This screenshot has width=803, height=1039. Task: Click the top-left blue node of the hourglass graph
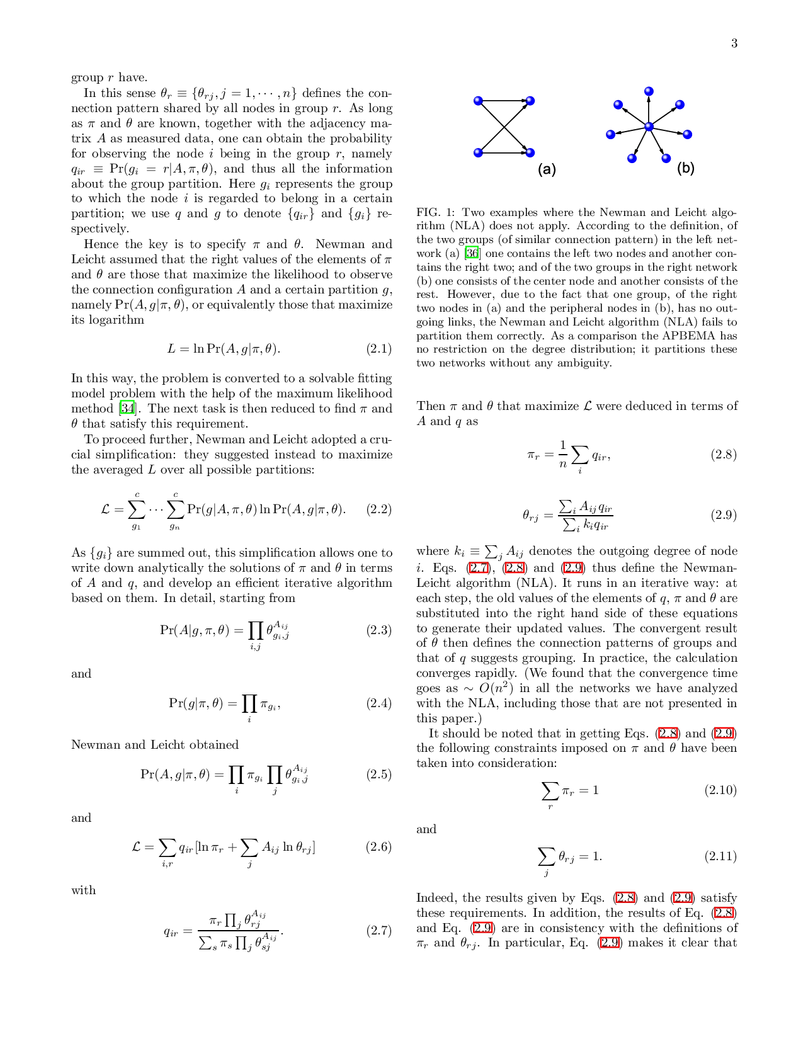[478, 101]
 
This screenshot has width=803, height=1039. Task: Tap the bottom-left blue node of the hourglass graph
[478, 152]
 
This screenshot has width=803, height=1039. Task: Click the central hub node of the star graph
[649, 127]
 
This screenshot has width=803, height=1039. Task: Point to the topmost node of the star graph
[649, 91]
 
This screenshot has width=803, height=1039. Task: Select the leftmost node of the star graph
[610, 134]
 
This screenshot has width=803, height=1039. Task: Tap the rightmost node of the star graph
[687, 134]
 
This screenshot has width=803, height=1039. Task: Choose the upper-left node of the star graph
[618, 105]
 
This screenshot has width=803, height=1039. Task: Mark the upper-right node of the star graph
[680, 105]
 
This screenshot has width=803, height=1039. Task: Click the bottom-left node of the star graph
[632, 159]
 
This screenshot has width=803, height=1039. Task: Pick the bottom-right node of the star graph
[666, 159]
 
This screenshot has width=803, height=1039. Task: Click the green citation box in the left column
[127, 407]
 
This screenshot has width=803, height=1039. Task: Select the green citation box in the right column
[471, 253]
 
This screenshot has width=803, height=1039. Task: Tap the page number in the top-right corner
[735, 43]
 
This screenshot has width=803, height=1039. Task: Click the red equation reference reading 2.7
[479, 568]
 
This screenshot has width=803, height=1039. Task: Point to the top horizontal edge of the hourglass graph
[504, 99]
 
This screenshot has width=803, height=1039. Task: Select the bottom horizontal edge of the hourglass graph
[504, 153]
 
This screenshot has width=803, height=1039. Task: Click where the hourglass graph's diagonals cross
[504, 127]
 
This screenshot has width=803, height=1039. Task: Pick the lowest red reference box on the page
[609, 942]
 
